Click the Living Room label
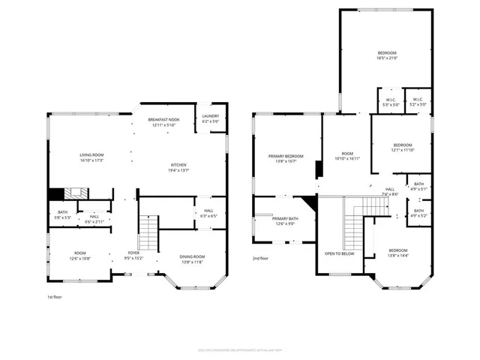tap(91, 157)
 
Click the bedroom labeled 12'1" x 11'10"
tap(403, 147)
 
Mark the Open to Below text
tap(340, 253)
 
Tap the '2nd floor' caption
tap(260, 257)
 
